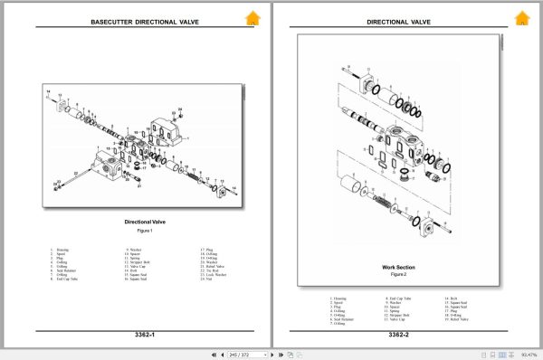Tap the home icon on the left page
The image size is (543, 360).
(x=252, y=17)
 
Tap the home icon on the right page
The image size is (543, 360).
(x=522, y=17)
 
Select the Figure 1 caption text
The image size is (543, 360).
(x=144, y=231)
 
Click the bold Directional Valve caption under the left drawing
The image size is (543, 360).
(x=144, y=222)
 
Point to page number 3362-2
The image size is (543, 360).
(x=399, y=336)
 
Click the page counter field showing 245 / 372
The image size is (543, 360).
(x=246, y=354)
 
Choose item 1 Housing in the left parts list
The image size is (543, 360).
(x=62, y=249)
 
